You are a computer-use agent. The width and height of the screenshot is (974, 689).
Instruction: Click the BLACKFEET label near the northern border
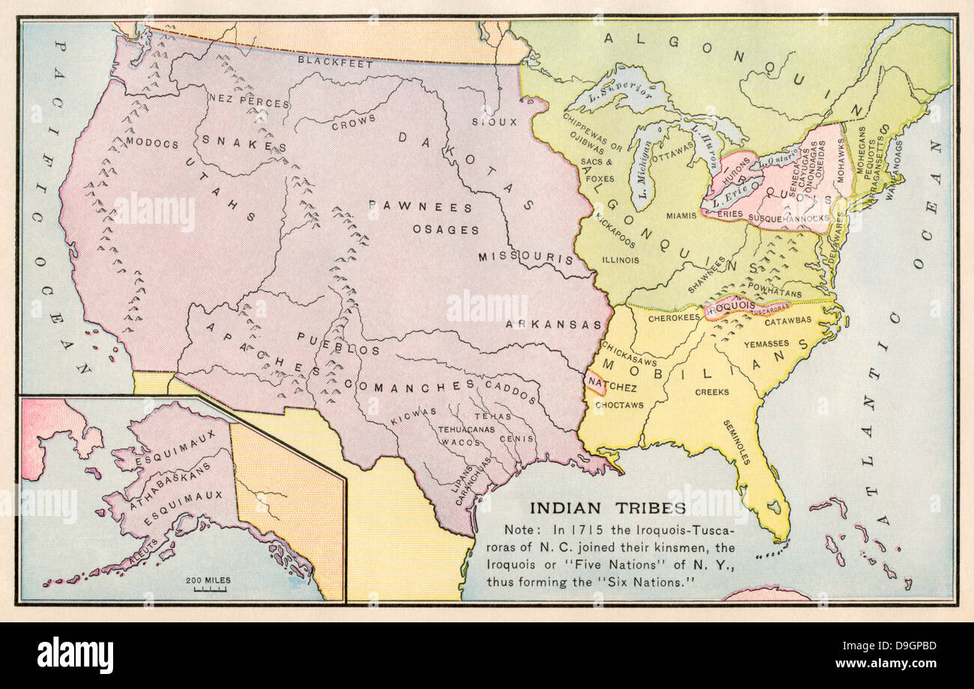[335, 63]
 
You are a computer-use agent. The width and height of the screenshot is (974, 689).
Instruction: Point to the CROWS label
[353, 122]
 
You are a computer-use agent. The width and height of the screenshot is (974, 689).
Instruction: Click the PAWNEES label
[420, 207]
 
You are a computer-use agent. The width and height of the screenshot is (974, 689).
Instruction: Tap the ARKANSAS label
[553, 324]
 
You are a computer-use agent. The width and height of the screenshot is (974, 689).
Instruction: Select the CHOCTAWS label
[619, 405]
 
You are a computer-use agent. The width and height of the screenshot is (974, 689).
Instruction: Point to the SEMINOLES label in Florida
[736, 442]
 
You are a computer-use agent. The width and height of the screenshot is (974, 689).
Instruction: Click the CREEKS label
[712, 392]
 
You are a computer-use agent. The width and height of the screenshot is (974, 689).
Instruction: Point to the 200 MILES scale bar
[209, 585]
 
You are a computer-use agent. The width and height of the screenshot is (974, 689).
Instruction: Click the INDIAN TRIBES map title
[608, 508]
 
